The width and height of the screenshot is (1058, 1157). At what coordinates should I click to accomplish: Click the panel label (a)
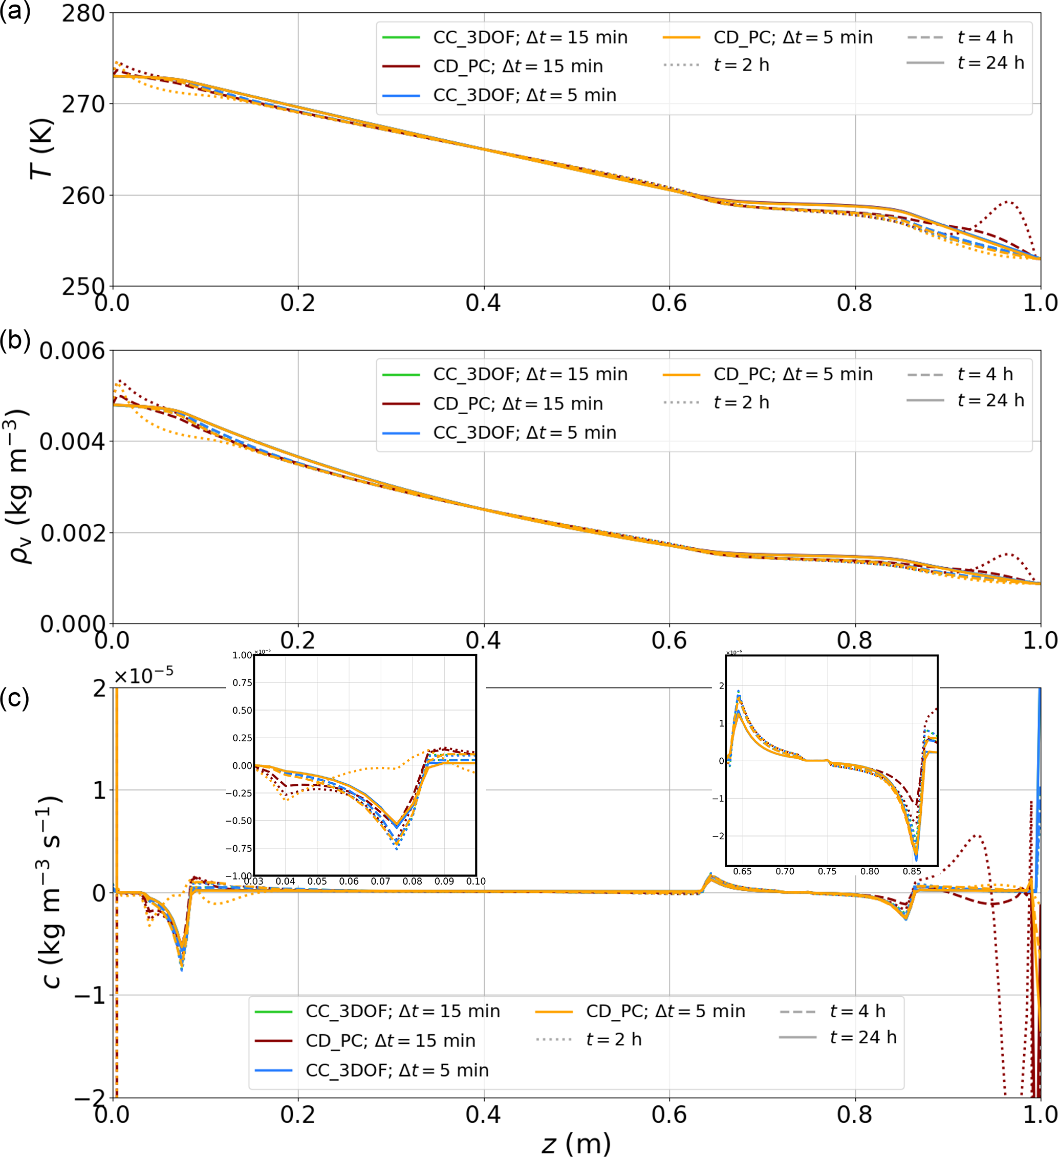(15, 11)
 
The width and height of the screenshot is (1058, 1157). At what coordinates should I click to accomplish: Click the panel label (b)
(15, 340)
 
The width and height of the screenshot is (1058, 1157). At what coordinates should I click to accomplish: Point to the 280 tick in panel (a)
(84, 13)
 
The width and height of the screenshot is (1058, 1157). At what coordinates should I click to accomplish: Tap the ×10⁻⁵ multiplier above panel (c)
(143, 676)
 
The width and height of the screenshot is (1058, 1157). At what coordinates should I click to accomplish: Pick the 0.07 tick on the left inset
(380, 881)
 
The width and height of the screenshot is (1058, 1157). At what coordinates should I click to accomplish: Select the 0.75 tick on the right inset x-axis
(827, 871)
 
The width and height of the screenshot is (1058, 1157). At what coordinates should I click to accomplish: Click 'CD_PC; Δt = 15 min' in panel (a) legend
(517, 66)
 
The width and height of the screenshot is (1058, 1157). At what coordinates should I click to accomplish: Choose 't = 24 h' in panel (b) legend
(990, 400)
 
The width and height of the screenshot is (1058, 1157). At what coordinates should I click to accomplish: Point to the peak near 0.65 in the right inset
(739, 692)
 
